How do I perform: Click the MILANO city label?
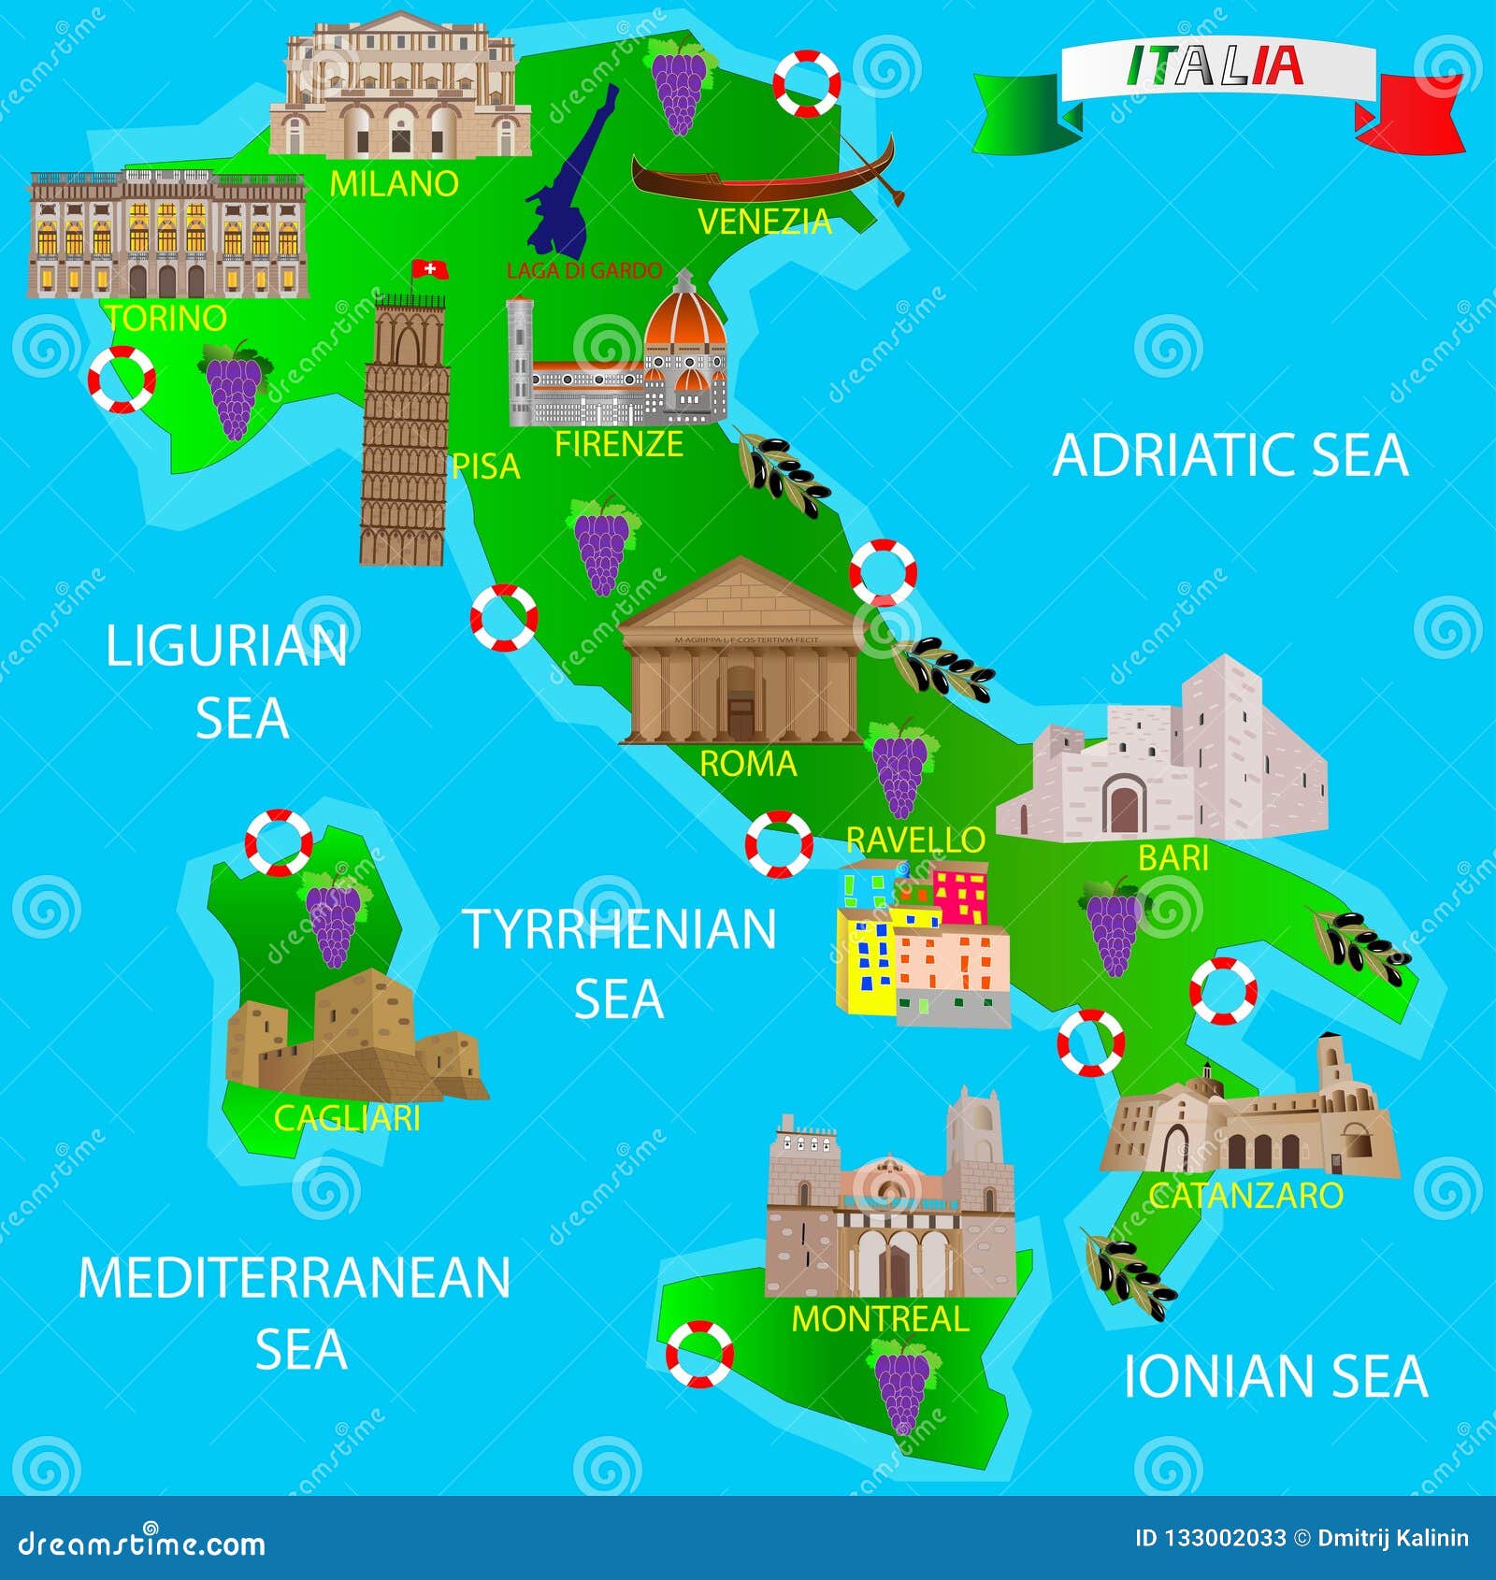pyautogui.click(x=394, y=183)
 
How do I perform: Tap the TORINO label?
pyautogui.click(x=166, y=318)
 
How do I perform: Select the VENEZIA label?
pyautogui.click(x=764, y=222)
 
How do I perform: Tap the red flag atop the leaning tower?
pyautogui.click(x=430, y=269)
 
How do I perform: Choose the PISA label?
pyautogui.click(x=485, y=466)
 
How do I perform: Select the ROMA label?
pyautogui.click(x=748, y=764)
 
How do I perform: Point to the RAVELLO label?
pyautogui.click(x=915, y=840)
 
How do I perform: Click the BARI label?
pyautogui.click(x=1173, y=857)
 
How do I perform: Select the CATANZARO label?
pyautogui.click(x=1245, y=1195)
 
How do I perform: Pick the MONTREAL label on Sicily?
pyautogui.click(x=880, y=1318)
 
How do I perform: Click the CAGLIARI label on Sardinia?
pyautogui.click(x=347, y=1117)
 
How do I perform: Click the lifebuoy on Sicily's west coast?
pyautogui.click(x=699, y=1354)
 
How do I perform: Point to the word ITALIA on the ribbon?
pyautogui.click(x=1215, y=65)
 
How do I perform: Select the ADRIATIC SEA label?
pyautogui.click(x=1230, y=455)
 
